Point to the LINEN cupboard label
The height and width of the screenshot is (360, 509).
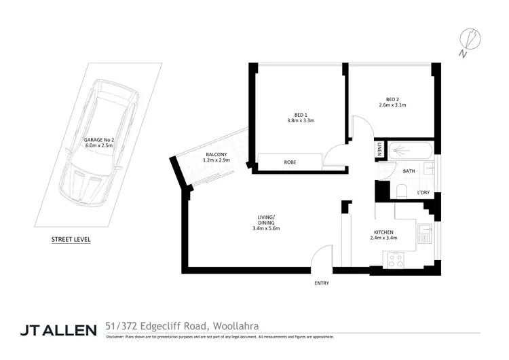[x=380, y=149]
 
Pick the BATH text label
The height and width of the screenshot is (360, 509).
[x=409, y=171]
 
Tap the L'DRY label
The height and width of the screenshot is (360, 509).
[x=423, y=194]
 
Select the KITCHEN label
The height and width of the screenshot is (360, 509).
[x=383, y=232]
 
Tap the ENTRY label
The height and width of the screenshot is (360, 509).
[x=322, y=283]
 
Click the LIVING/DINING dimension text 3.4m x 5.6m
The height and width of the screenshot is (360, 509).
[x=266, y=228]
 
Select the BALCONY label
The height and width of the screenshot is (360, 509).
[x=216, y=156]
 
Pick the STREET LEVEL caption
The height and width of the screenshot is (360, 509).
[x=71, y=240]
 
